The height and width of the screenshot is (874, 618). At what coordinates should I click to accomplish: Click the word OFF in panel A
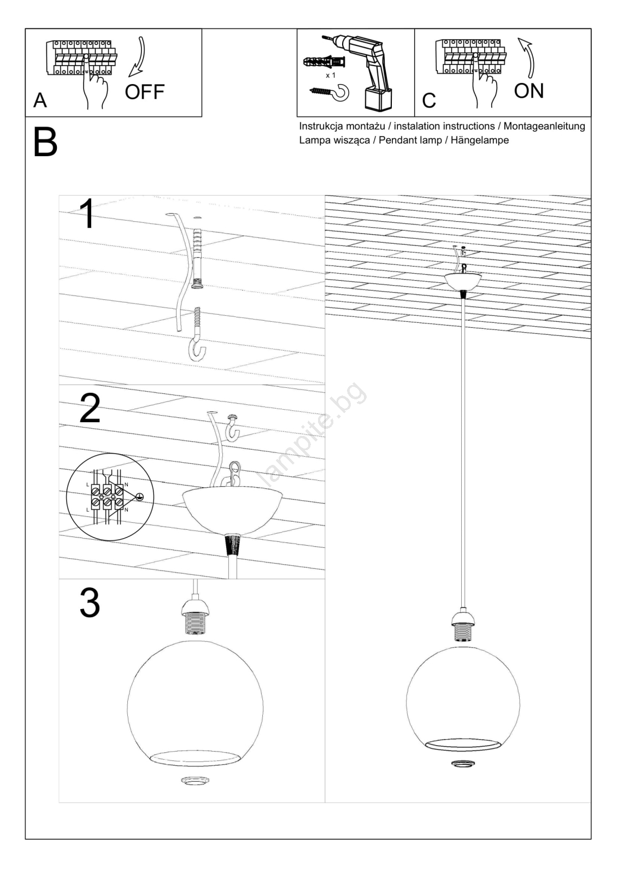[x=144, y=92]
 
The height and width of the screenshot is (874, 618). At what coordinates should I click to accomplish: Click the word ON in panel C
[x=528, y=91]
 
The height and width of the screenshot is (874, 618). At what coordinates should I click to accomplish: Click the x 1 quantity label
[x=331, y=75]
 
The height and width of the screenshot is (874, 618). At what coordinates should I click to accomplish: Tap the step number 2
[x=90, y=409]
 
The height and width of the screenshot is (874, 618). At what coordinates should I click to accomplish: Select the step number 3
[x=90, y=603]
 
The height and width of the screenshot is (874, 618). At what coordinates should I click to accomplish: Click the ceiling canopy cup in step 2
[x=232, y=509]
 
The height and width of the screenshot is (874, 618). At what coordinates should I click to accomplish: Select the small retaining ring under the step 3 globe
[x=195, y=782]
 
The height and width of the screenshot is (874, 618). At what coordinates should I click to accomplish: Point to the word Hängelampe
[x=481, y=140]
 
